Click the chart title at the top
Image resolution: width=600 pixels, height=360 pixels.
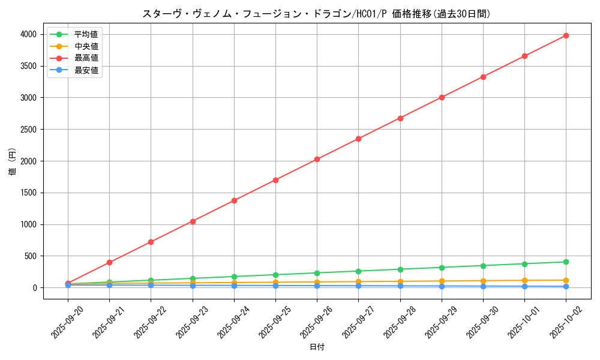[x=316, y=14]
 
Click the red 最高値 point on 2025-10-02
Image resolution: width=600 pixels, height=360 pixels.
[x=566, y=35]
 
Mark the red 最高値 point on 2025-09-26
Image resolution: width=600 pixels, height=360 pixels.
[x=317, y=159]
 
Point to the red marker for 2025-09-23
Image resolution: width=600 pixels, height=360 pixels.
[x=193, y=221]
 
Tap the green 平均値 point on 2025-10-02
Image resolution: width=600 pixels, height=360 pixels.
[x=566, y=262]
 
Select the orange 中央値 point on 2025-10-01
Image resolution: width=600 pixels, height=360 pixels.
[x=524, y=280]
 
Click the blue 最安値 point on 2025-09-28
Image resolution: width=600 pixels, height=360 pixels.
[x=400, y=286]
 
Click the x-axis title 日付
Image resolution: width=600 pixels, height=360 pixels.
[x=316, y=347]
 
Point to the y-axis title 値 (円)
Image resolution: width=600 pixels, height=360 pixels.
[x=13, y=161]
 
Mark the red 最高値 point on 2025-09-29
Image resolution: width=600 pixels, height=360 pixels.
[x=442, y=97]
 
